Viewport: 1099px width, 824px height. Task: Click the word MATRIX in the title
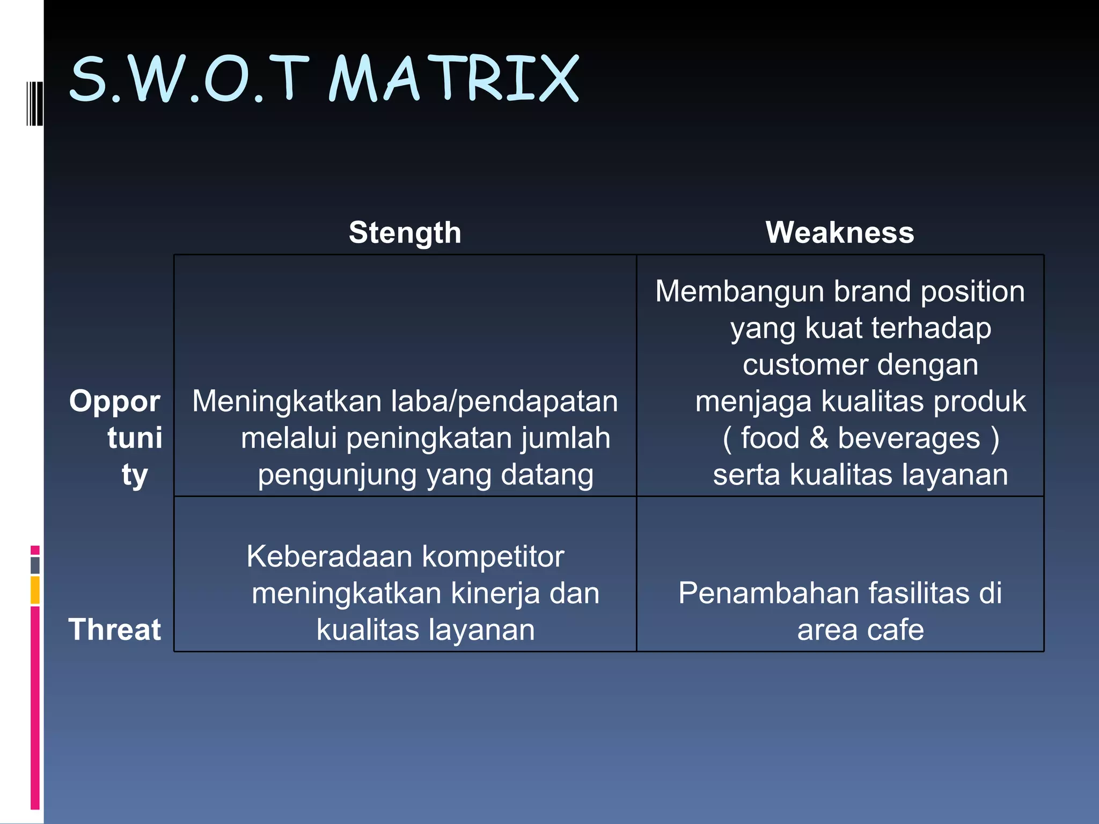coord(453,79)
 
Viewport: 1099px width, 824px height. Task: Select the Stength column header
coord(405,233)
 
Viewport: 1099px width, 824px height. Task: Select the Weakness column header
coord(840,233)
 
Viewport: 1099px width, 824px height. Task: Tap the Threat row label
coord(114,629)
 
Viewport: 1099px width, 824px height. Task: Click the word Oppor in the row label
coord(115,401)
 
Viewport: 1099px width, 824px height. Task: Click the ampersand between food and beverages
coord(819,438)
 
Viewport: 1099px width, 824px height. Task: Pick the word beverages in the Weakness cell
coord(908,438)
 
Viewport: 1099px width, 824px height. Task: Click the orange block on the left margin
coord(35,590)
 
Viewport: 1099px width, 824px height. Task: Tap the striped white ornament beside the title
coord(34,103)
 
